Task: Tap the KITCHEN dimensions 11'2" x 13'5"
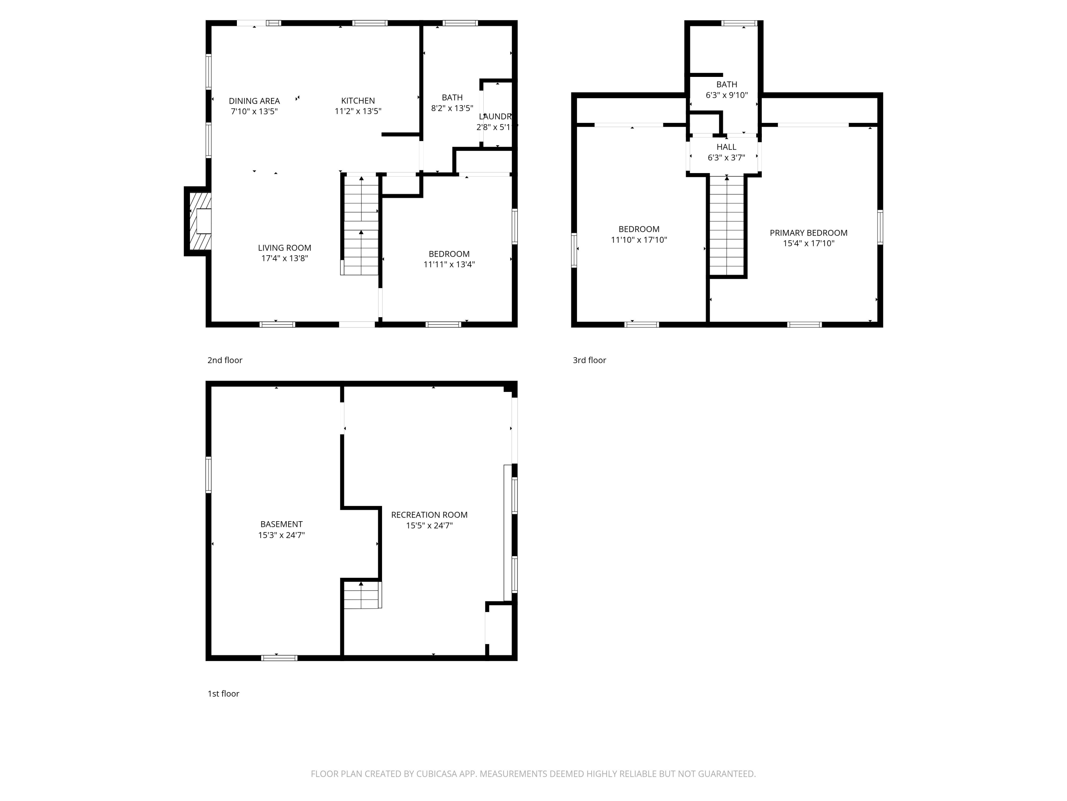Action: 358,111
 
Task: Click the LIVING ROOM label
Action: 284,248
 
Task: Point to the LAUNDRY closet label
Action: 495,116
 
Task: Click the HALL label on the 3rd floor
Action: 726,147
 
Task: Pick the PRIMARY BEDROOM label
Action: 808,233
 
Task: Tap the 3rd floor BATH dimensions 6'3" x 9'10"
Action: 726,95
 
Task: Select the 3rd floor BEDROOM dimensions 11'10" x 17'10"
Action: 639,240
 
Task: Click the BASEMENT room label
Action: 281,524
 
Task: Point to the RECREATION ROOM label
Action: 429,515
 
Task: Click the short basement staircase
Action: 362,595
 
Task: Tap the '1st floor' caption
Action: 223,693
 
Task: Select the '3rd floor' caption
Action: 589,360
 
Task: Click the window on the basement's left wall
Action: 208,475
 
